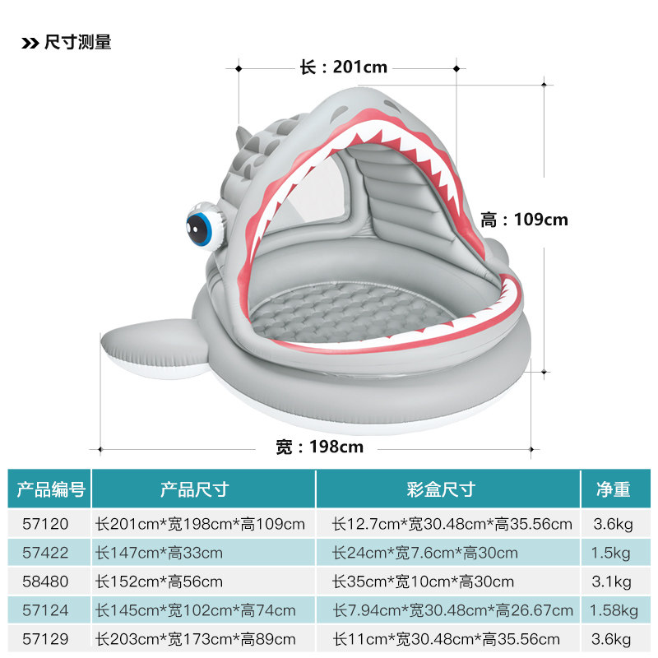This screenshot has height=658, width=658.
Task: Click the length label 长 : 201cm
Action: (x=344, y=67)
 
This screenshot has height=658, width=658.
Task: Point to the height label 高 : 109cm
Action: (x=524, y=220)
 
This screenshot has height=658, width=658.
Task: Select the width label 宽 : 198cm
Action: (x=319, y=447)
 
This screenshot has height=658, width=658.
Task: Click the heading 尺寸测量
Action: (x=78, y=43)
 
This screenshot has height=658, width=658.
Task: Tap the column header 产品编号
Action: (x=51, y=490)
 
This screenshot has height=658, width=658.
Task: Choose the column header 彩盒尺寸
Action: (x=441, y=490)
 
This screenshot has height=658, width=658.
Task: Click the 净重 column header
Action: (x=613, y=490)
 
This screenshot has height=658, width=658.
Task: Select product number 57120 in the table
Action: (x=49, y=524)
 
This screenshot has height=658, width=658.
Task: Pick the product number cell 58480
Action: (x=49, y=582)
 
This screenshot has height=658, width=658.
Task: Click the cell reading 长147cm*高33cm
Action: (x=160, y=553)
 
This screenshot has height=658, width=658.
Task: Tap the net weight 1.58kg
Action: (x=614, y=610)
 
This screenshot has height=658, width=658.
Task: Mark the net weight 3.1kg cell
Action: (x=613, y=582)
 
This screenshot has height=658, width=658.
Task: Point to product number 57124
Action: (x=49, y=610)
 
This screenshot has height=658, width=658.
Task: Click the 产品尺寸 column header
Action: (x=194, y=490)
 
